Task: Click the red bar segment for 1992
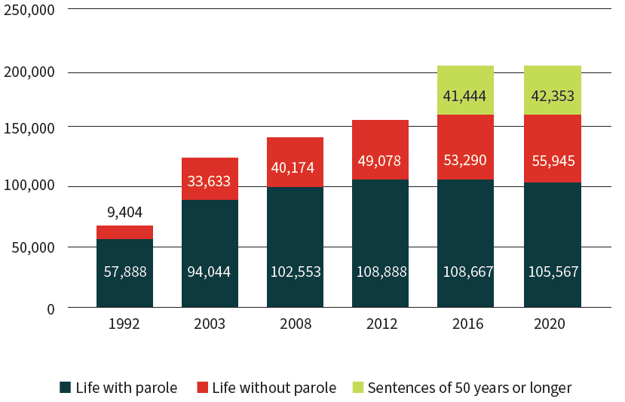click(x=124, y=232)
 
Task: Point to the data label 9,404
click(x=124, y=212)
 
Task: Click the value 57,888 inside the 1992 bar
click(x=124, y=272)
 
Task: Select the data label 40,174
click(x=295, y=167)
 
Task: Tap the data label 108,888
click(x=380, y=272)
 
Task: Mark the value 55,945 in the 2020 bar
click(x=552, y=160)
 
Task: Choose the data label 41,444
click(x=465, y=97)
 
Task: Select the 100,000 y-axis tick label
click(x=29, y=186)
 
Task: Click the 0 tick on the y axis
click(x=51, y=308)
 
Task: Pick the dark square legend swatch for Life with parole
click(x=65, y=388)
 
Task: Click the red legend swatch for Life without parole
click(x=201, y=388)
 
